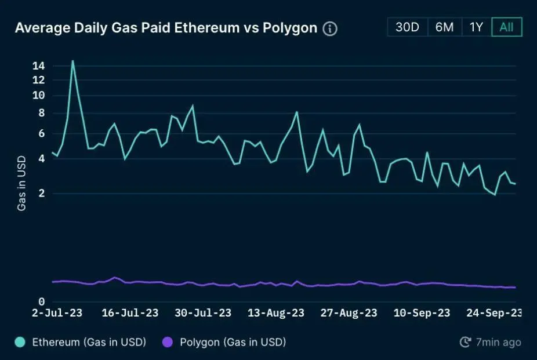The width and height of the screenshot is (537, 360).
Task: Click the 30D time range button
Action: tap(407, 27)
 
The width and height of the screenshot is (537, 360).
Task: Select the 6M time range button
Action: tap(444, 27)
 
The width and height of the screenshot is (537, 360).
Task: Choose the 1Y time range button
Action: tap(476, 27)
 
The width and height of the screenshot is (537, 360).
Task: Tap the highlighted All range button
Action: tap(506, 27)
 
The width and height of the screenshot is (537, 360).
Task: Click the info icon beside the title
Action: tap(330, 28)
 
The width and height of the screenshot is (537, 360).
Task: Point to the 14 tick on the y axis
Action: tap(39, 66)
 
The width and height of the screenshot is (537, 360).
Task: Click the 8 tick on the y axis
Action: tap(41, 114)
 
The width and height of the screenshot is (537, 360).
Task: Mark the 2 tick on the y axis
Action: tap(41, 194)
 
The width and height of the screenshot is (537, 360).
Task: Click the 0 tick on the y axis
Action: tap(41, 301)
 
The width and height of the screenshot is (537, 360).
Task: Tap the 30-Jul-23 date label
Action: tap(203, 313)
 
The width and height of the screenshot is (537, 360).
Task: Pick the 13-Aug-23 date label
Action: tap(276, 313)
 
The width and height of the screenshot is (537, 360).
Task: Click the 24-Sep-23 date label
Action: tap(495, 313)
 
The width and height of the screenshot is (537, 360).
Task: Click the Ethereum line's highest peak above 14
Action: tap(72, 60)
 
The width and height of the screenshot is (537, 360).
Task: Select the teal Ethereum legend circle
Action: tap(21, 342)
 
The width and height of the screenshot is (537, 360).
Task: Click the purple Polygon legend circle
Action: tap(168, 342)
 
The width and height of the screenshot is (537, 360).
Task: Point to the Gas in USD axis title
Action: tap(21, 183)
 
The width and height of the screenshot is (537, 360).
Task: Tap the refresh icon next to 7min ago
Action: tap(465, 342)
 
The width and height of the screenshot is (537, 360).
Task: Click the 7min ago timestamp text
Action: tap(498, 342)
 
